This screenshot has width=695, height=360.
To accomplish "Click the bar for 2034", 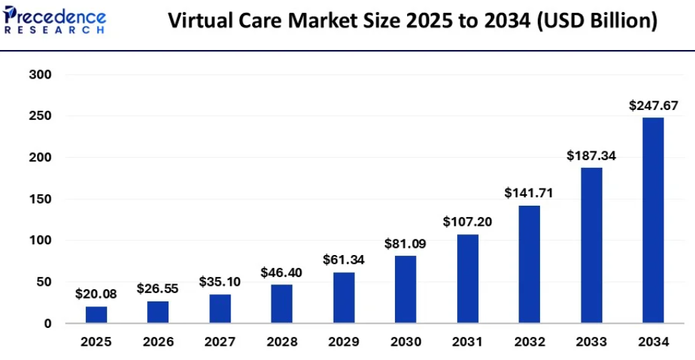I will pyautogui.click(x=653, y=220).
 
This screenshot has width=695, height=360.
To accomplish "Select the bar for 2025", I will pyautogui.click(x=96, y=314).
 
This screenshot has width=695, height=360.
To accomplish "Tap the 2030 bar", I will pyautogui.click(x=405, y=289).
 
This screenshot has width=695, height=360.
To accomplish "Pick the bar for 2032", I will pyautogui.click(x=529, y=264).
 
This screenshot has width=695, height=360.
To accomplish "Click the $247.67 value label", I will pyautogui.click(x=653, y=105).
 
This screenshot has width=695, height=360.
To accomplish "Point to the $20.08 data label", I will pyautogui.click(x=96, y=294).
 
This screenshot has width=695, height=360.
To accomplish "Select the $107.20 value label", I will pyautogui.click(x=467, y=221).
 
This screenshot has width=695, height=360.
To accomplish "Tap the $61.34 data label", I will pyautogui.click(x=344, y=259).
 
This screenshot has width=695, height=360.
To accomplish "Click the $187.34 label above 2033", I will pyautogui.click(x=591, y=155).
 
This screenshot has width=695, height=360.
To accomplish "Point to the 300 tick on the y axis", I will pyautogui.click(x=41, y=74).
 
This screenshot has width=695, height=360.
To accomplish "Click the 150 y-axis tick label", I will pyautogui.click(x=41, y=199).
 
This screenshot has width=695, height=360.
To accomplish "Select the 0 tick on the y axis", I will pyautogui.click(x=46, y=324).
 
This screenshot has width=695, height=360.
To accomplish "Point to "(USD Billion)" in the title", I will pyautogui.click(x=596, y=21).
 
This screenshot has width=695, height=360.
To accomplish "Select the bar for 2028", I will pyautogui.click(x=281, y=304).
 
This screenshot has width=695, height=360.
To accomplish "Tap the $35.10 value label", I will pyautogui.click(x=219, y=281).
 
